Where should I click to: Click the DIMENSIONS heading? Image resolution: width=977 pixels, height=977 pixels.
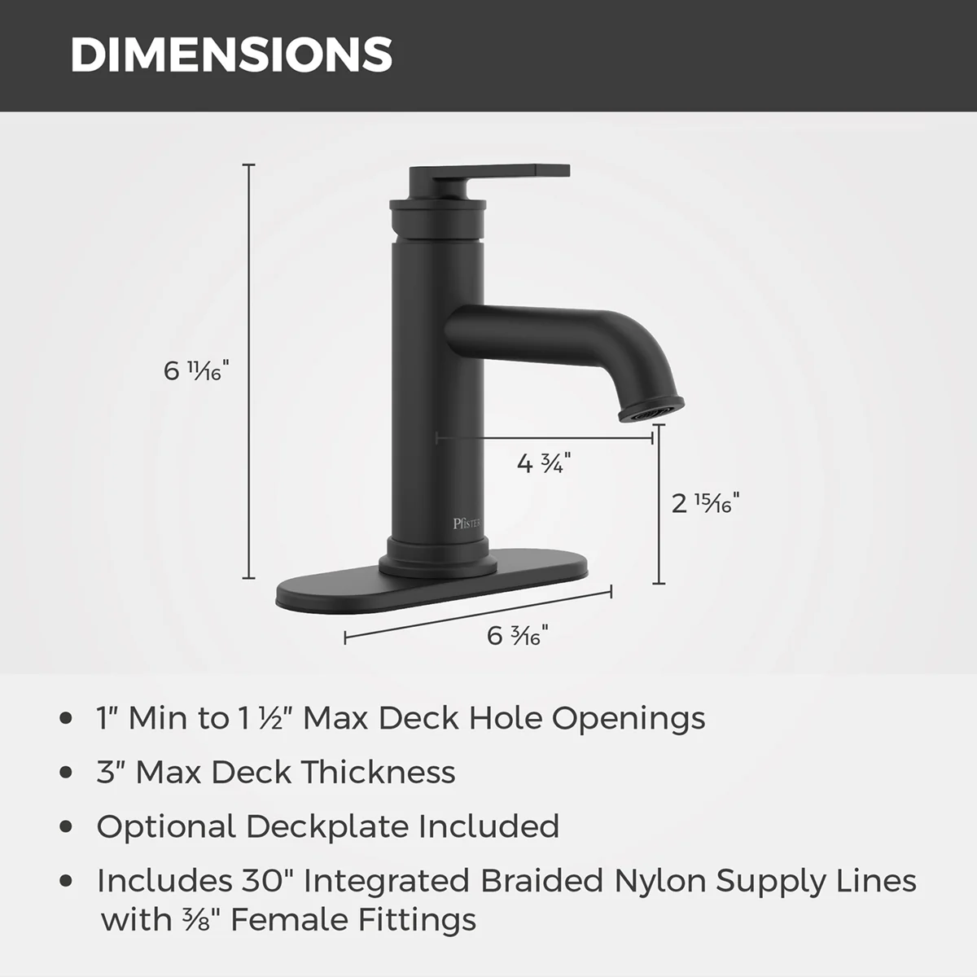231,55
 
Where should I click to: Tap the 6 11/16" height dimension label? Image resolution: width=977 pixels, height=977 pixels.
196,370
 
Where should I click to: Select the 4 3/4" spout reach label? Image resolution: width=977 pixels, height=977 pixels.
544,463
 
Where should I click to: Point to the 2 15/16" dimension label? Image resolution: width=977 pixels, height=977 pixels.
705,503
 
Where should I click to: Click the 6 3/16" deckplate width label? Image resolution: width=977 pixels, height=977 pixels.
518,635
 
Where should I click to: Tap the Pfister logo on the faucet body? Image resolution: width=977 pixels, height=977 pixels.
467,524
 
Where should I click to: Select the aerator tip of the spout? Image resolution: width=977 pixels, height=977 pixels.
651,410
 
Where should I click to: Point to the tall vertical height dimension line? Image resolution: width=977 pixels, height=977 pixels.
248,371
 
